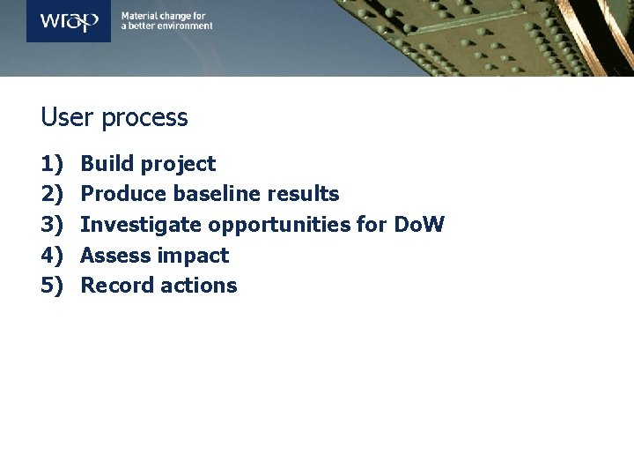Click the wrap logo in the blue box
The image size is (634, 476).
tap(68, 20)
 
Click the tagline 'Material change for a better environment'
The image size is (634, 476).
tap(166, 21)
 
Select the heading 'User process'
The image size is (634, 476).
tap(114, 117)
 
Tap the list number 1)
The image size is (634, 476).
tap(53, 164)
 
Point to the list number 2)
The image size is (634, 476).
tap(53, 194)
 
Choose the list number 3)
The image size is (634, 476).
tap(53, 225)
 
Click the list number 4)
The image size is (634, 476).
tap(53, 256)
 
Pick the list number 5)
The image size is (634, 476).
tap(53, 286)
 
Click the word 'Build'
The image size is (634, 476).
tap(107, 164)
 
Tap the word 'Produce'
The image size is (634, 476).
tap(123, 194)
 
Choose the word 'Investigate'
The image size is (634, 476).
tap(141, 226)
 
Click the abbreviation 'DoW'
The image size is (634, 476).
tap(418, 225)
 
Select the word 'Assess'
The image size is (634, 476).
tap(115, 256)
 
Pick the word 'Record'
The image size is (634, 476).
tap(116, 286)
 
